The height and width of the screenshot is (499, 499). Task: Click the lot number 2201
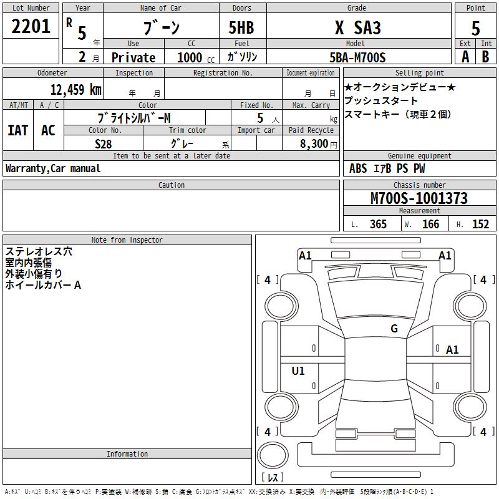coord(31,26)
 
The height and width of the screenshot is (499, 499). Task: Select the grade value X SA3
coord(357,27)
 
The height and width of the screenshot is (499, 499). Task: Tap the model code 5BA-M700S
coord(357,57)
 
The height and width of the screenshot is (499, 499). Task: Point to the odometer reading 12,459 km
coord(75,89)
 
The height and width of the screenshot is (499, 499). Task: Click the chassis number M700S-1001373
coord(419,198)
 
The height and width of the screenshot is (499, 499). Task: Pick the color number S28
coord(104,144)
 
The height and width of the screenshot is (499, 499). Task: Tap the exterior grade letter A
coord(465,57)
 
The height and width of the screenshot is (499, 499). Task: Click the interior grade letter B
coord(485,57)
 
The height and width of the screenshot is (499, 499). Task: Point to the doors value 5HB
coord(241,27)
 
